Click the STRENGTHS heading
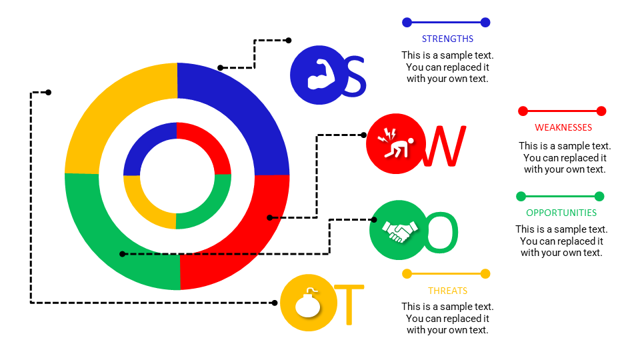coord(447,39)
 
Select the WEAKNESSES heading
coord(563,127)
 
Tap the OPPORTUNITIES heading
coord(561,213)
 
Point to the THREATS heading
coord(447,291)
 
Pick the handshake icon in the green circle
coord(399,231)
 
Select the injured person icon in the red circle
coord(395,145)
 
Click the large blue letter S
coord(354,77)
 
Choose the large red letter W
coord(444,147)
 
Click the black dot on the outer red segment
coord(269,217)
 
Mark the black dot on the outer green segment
coord(122,253)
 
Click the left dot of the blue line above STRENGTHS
coord(407,23)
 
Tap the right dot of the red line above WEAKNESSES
coord(601,111)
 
